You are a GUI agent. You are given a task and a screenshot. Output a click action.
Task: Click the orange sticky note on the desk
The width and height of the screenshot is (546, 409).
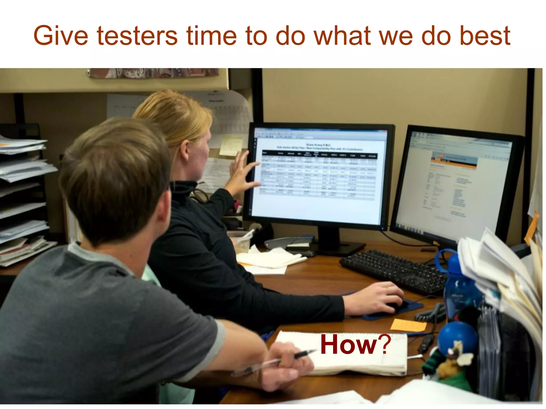[408, 325]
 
